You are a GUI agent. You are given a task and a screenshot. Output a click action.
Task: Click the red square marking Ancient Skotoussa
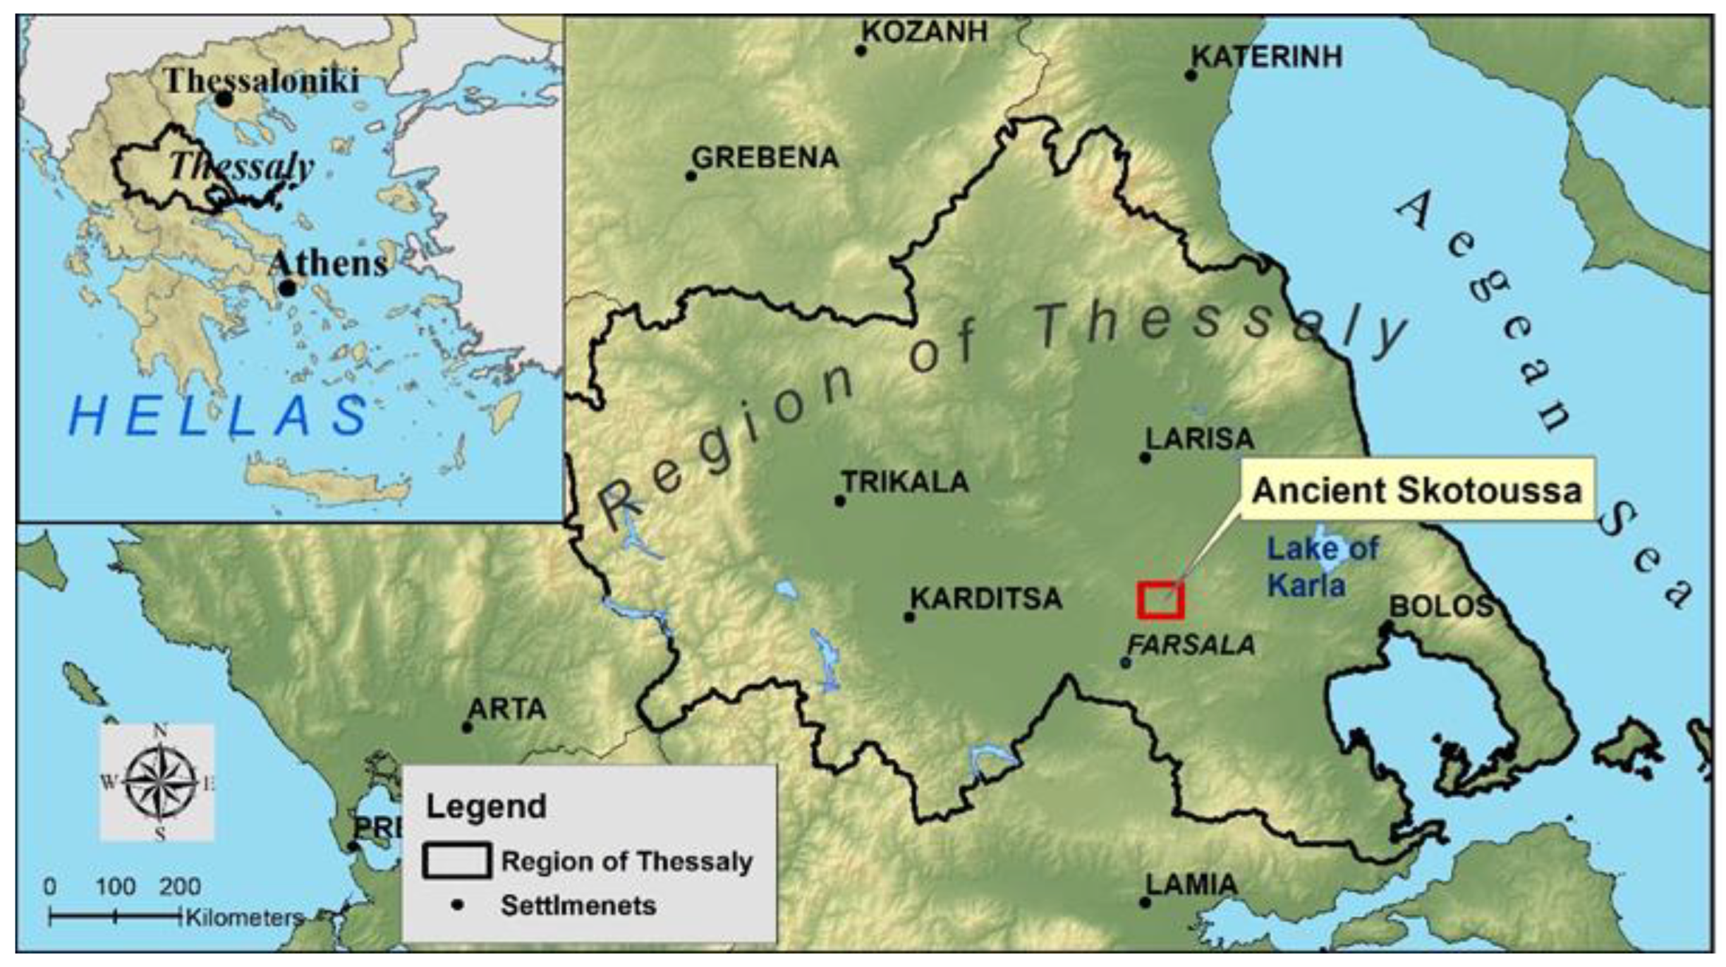[1160, 600]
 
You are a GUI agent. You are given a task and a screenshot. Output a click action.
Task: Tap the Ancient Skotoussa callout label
[1417, 490]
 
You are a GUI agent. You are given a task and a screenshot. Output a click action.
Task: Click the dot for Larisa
[1145, 458]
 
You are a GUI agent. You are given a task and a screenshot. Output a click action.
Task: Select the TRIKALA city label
[906, 482]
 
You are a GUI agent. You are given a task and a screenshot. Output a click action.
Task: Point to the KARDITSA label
[986, 599]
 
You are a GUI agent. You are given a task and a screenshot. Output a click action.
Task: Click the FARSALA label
[1191, 645]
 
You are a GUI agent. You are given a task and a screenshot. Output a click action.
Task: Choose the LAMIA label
[1191, 884]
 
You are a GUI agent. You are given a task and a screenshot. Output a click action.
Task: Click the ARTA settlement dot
[467, 727]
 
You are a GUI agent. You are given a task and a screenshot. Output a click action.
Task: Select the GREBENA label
[766, 158]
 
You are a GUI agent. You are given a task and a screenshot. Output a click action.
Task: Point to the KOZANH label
[925, 32]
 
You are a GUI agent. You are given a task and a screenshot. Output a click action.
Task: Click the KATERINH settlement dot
[1191, 75]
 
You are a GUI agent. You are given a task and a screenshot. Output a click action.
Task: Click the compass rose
[161, 782]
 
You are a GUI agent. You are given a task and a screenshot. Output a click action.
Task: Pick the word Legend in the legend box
[486, 807]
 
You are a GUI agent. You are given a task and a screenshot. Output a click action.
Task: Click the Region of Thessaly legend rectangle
[456, 861]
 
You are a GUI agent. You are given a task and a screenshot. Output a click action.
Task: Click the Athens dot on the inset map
[287, 288]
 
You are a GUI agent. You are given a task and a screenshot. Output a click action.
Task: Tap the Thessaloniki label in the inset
[262, 81]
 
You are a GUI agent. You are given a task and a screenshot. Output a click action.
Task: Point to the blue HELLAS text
[219, 415]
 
